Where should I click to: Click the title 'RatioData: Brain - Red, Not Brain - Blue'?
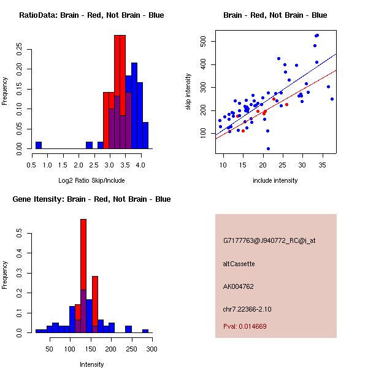[91, 15]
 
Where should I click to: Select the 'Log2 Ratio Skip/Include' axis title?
[91, 180]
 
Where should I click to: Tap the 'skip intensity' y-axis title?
[189, 92]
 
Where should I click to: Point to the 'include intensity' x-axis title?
[275, 180]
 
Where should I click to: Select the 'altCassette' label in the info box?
[239, 264]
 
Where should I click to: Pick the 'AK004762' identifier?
[239, 286]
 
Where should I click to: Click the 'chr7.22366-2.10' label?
[247, 309]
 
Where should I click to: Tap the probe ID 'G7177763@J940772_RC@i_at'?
[269, 241]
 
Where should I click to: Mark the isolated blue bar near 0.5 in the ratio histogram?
[39, 145]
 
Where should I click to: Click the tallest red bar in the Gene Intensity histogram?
[83, 276]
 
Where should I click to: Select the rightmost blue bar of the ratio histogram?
[145, 135]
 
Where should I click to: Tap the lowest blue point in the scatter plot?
[268, 148]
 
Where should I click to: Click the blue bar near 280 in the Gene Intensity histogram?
[145, 331]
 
